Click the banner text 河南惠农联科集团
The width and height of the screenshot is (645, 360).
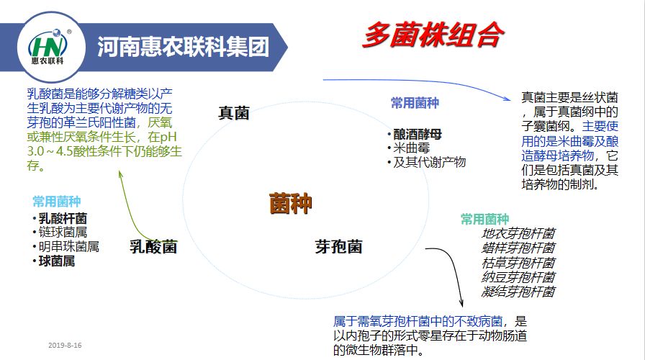pyautogui.click(x=183, y=48)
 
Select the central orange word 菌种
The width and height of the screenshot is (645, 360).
pyautogui.click(x=291, y=204)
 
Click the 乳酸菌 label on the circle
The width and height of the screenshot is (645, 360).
pyautogui.click(x=153, y=247)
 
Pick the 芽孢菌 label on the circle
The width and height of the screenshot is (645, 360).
pyautogui.click(x=338, y=247)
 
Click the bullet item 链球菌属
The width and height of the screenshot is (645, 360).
pyautogui.click(x=63, y=232)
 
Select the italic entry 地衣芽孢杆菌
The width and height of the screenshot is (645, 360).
pyautogui.click(x=518, y=233)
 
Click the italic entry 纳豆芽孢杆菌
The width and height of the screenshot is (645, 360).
pyautogui.click(x=518, y=277)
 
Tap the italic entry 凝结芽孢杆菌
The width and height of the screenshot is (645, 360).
pyautogui.click(x=518, y=292)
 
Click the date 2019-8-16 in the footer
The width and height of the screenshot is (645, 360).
pyautogui.click(x=66, y=346)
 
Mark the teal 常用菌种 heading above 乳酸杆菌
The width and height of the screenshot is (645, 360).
pyautogui.click(x=56, y=201)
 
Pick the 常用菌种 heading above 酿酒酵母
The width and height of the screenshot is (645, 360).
pyautogui.click(x=415, y=103)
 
